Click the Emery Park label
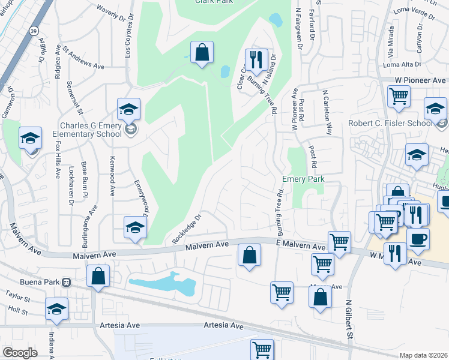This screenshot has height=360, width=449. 303,179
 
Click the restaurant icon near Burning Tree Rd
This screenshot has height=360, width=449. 256,61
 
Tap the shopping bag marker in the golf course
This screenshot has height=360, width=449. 202,53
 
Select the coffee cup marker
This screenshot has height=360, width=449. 418,239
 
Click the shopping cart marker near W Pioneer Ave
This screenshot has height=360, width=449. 399,97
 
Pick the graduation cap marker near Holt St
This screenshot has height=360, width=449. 57,309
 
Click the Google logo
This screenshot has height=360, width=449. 19,353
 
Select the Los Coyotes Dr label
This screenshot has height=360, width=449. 127,40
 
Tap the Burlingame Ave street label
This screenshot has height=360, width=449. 92,229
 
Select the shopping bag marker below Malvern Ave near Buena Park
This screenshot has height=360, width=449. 98,277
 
